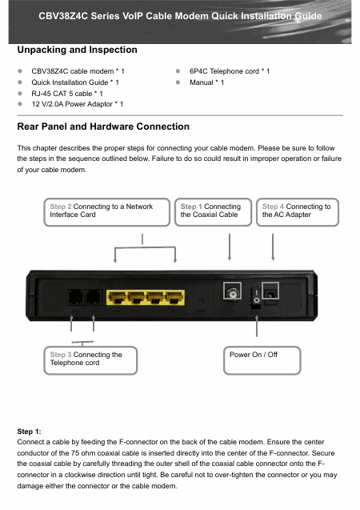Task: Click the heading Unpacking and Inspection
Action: pyautogui.click(x=77, y=50)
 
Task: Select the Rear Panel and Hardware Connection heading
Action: pyautogui.click(x=103, y=126)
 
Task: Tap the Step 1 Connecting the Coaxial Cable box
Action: pyautogui.click(x=213, y=212)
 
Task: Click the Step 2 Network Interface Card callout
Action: pyautogui.click(x=107, y=212)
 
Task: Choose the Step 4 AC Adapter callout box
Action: pyautogui.click(x=298, y=212)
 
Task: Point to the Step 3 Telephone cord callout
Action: pyautogui.click(x=90, y=360)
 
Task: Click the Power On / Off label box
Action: pyautogui.click(x=262, y=360)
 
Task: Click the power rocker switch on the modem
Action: pyautogui.click(x=256, y=298)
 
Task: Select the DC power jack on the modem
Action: pyautogui.click(x=270, y=295)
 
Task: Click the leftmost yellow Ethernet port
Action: pyautogui.click(x=117, y=298)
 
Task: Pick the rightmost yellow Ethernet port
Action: pyautogui.click(x=174, y=298)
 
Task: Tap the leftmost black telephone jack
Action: pyautogui.click(x=75, y=296)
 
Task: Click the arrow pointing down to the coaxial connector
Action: pyautogui.click(x=230, y=247)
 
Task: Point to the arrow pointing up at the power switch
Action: pyautogui.click(x=257, y=326)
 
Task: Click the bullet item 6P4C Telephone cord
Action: pyautogui.click(x=230, y=71)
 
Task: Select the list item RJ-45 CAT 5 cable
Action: pyautogui.click(x=67, y=94)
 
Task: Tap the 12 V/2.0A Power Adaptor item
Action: pyautogui.click(x=77, y=104)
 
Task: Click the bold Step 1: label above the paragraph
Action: pyautogui.click(x=30, y=432)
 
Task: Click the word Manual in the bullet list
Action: pyautogui.click(x=202, y=82)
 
